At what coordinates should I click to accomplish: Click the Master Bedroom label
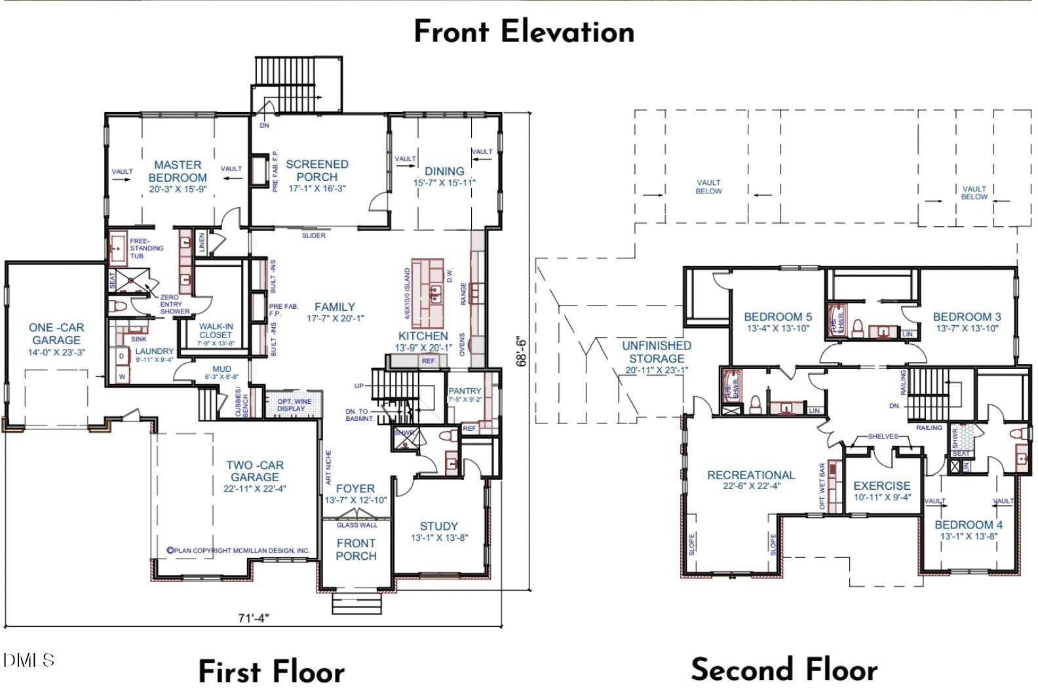[x=177, y=171]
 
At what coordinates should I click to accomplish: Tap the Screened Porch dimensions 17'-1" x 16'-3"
[x=317, y=188]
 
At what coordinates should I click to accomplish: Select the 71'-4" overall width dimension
[x=253, y=618]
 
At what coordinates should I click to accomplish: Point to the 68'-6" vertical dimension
[x=522, y=352]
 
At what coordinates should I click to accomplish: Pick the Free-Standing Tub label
[x=147, y=248]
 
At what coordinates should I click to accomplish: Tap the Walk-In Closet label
[x=216, y=330]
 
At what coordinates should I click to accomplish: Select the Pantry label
[x=465, y=391]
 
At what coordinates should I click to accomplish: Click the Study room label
[x=438, y=526]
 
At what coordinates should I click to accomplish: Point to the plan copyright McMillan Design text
[x=238, y=551]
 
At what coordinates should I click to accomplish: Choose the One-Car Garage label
[x=56, y=334]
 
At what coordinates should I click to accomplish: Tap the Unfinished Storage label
[x=656, y=352]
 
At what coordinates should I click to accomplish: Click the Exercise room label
[x=881, y=486]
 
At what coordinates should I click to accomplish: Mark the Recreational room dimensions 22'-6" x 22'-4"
[x=750, y=486]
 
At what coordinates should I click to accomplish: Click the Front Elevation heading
[x=524, y=31]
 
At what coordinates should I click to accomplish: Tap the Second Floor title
[x=784, y=670]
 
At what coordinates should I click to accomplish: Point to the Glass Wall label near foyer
[x=357, y=525]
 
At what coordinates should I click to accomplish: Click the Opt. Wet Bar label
[x=822, y=486]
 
